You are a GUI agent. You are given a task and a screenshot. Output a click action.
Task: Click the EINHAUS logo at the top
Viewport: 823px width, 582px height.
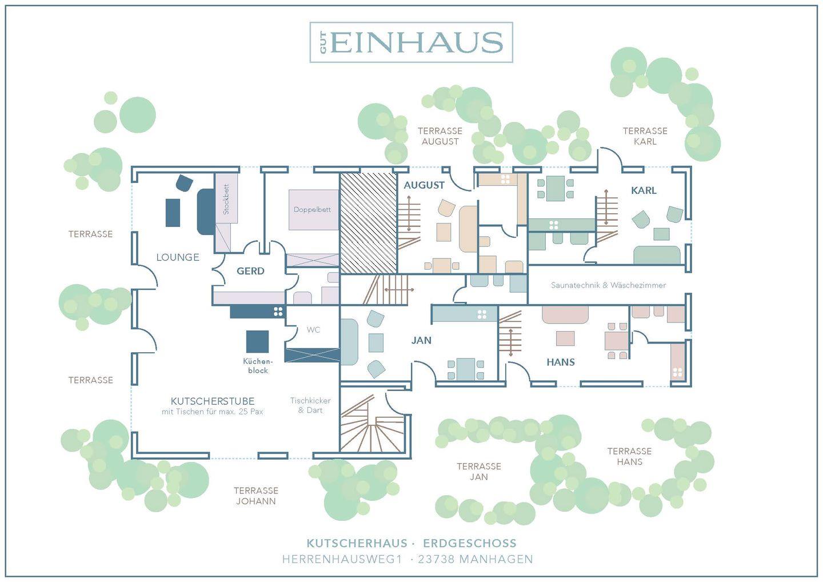tap(411, 42)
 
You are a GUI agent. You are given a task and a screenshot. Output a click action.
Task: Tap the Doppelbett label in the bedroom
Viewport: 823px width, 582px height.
tap(312, 210)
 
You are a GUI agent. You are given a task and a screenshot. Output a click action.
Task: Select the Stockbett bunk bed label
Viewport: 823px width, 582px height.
tap(226, 199)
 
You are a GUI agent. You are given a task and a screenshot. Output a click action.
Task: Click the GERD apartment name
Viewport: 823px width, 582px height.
tap(250, 271)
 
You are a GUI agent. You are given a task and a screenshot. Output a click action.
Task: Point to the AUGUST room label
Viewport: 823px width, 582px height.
tap(424, 185)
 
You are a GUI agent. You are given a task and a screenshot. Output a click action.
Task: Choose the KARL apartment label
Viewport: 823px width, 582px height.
tap(644, 190)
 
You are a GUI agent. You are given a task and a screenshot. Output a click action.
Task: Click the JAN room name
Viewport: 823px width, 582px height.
tap(421, 340)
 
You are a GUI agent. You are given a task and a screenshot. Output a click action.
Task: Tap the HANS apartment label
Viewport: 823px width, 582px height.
tap(561, 362)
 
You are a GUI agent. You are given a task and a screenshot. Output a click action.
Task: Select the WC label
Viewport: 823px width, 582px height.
tap(313, 330)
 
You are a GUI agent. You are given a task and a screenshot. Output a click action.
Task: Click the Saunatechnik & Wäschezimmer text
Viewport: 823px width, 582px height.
tap(609, 285)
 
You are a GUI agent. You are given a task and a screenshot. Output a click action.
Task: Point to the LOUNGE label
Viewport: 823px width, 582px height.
tap(178, 257)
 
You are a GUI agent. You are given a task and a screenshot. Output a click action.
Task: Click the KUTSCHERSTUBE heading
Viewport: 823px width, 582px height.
tap(213, 401)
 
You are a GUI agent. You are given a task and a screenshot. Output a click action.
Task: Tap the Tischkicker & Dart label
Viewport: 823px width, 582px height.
tap(310, 405)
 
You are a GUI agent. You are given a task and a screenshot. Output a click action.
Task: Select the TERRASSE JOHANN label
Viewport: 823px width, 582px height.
tap(256, 496)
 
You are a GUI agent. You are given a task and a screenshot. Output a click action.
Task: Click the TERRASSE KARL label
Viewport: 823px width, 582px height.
tap(645, 136)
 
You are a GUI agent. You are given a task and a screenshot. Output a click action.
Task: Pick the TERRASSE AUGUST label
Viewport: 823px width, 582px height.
tap(440, 136)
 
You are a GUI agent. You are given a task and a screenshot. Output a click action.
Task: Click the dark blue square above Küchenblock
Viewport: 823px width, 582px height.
tap(257, 342)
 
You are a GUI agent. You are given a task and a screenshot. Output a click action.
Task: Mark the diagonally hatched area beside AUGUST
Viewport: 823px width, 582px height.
tap(369, 223)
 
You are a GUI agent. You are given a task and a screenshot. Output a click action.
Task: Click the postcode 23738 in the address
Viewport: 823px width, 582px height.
tap(436, 559)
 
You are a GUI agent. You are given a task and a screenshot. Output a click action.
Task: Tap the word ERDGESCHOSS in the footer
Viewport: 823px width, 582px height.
tap(470, 543)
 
